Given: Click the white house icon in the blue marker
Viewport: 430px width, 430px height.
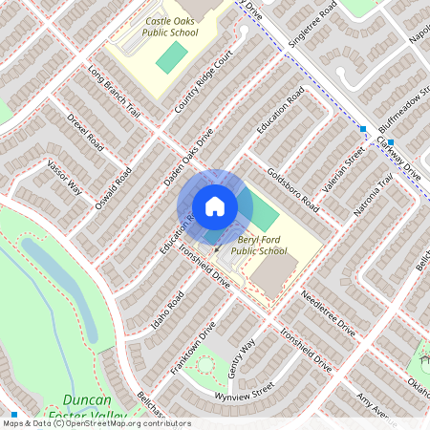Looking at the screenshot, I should tap(214, 205).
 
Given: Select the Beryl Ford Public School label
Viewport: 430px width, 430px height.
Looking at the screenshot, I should tap(259, 245).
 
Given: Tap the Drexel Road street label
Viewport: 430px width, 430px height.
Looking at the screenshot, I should tap(85, 135).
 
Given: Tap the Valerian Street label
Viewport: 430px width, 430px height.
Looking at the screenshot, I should tap(343, 169).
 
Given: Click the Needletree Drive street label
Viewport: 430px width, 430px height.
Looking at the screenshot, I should tap(327, 313).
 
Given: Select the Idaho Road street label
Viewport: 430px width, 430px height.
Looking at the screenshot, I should tap(167, 312).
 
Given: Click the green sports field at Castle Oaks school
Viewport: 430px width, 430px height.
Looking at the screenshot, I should tap(172, 58).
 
